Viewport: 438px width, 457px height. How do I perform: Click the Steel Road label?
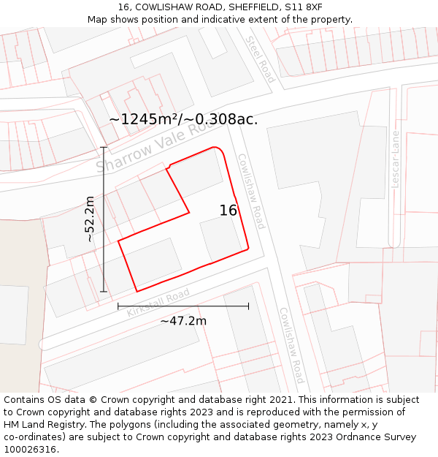point(259,59)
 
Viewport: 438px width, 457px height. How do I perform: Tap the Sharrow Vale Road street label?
point(156,146)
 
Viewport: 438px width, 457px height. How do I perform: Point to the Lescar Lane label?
point(396,159)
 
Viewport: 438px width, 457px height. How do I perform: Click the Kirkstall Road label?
point(158,303)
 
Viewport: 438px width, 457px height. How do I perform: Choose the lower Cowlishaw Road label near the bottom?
point(291,345)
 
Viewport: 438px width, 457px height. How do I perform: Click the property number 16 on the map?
point(228,211)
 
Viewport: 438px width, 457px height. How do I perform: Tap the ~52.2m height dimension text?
point(90,219)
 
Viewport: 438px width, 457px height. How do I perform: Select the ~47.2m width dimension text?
point(183,320)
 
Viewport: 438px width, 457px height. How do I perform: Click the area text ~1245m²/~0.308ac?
point(183,119)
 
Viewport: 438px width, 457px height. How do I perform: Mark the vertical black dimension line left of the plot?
point(104,219)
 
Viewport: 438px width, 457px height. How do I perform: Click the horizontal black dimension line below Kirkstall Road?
point(183,306)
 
